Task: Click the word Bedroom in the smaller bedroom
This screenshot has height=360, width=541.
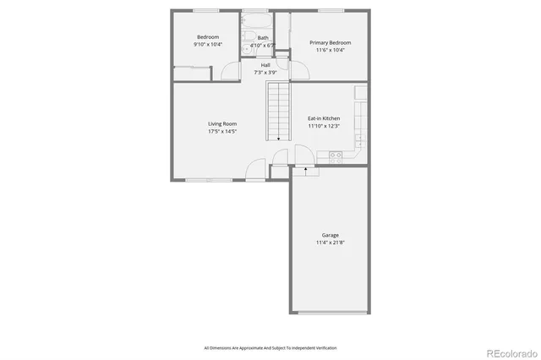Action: (x=208, y=37)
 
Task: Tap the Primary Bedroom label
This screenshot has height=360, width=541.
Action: (x=330, y=43)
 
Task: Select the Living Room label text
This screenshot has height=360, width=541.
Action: (x=222, y=124)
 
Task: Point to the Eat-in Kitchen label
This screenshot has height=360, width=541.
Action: (x=324, y=118)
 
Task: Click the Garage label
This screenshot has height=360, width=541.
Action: (x=330, y=236)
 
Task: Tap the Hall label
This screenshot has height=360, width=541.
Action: (x=265, y=65)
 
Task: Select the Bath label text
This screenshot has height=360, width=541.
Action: (x=263, y=38)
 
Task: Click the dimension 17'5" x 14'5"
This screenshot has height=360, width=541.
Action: (x=222, y=132)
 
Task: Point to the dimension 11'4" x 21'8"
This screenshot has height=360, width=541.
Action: (x=330, y=243)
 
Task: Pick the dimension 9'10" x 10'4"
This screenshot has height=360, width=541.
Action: (x=208, y=45)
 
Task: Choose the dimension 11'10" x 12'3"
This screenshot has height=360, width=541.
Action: (x=324, y=126)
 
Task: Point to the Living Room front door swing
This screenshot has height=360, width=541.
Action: (x=254, y=172)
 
